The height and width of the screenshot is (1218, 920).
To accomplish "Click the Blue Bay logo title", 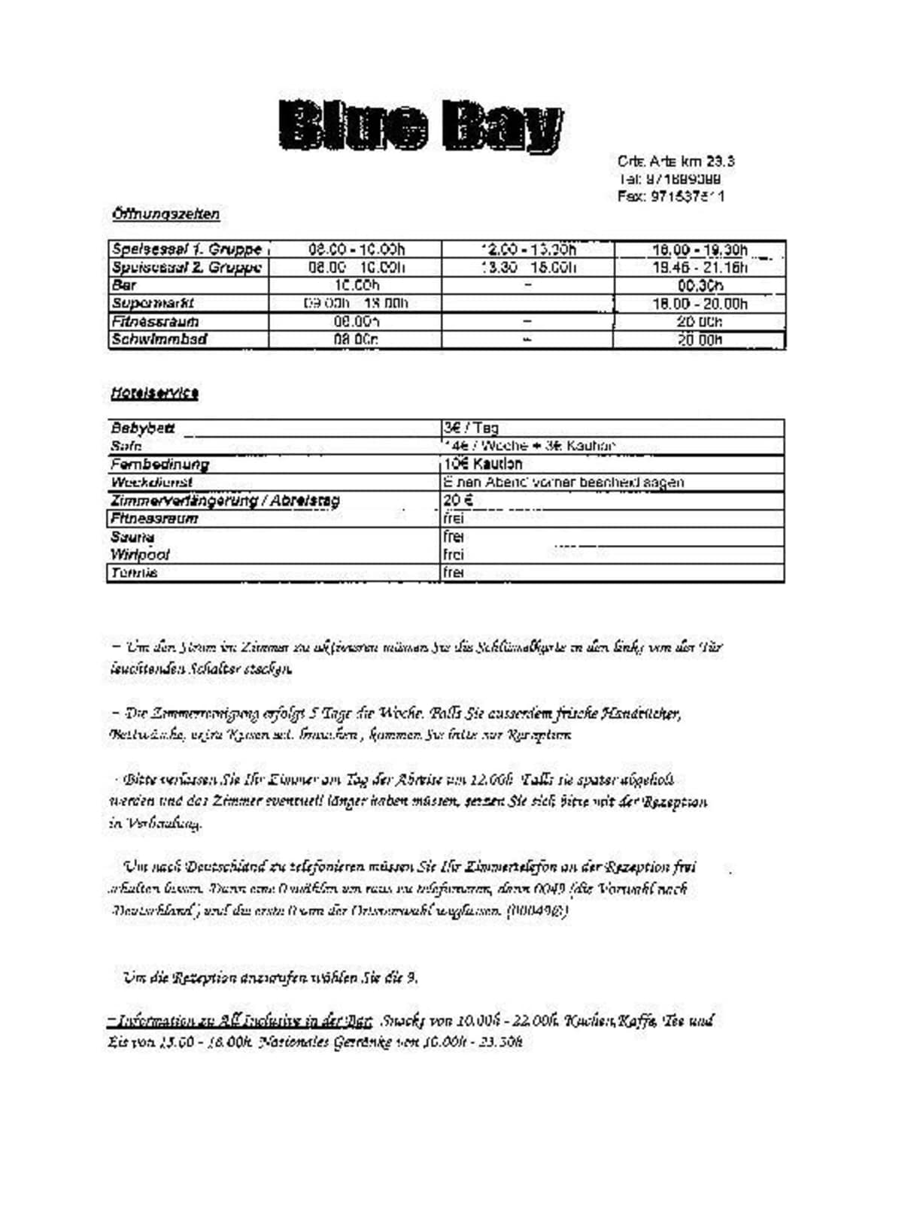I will [x=421, y=125].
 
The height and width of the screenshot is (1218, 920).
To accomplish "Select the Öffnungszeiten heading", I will [x=165, y=214].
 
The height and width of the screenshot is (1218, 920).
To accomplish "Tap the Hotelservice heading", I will [x=154, y=392].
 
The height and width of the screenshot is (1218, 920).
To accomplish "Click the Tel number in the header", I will [x=670, y=179].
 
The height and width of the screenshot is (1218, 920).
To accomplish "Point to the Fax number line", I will [x=671, y=196].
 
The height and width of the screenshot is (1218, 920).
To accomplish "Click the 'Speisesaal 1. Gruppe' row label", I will [x=187, y=249].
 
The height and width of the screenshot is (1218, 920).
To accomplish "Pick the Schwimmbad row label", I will [x=159, y=339].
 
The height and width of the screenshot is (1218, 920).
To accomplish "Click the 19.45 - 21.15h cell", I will [x=700, y=268].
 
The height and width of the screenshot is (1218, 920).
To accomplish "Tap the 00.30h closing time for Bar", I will [x=700, y=286].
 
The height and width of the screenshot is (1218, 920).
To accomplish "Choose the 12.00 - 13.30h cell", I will [x=528, y=249].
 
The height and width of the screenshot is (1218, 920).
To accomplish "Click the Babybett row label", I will [x=143, y=428].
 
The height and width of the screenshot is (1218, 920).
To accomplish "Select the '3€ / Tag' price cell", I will [x=471, y=428].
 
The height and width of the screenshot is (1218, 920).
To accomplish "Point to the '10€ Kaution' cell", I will [x=483, y=464].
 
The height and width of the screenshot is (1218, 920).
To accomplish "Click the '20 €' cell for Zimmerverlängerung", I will [x=457, y=500].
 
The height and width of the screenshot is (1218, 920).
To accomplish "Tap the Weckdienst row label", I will [x=151, y=482].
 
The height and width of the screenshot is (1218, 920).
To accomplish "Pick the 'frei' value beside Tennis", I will [x=454, y=572].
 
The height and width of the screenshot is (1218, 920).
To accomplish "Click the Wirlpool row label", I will [x=140, y=554].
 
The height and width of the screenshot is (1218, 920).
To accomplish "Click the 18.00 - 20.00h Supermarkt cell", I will [x=700, y=304].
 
